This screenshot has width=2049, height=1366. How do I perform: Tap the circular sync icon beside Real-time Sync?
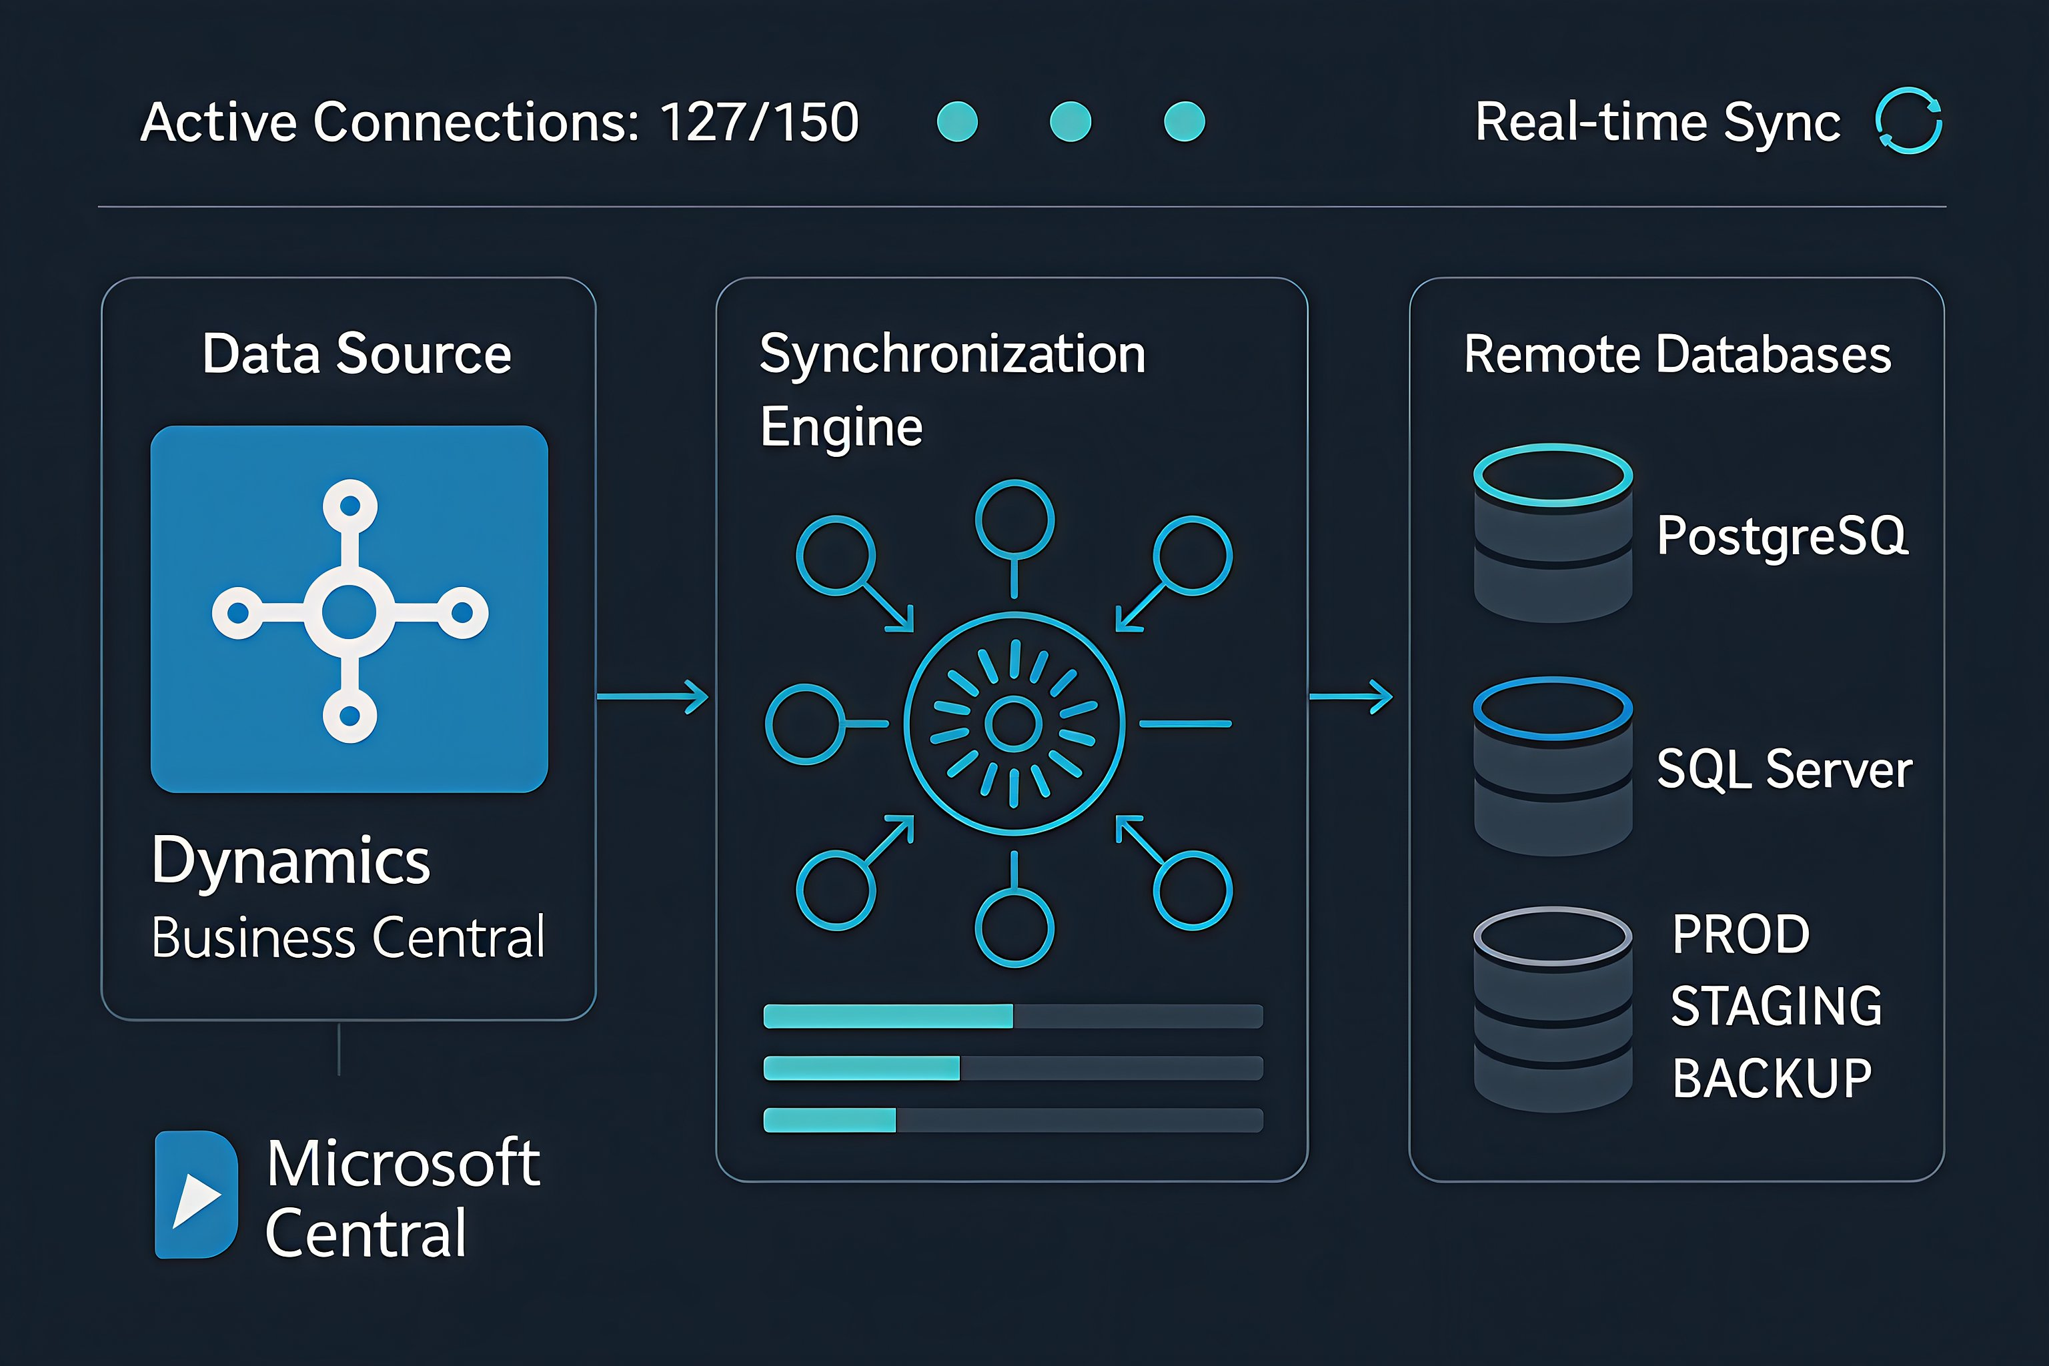click(x=1908, y=122)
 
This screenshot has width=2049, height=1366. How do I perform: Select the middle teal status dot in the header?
click(x=1071, y=122)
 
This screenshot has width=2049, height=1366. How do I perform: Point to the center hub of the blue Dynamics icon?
click(x=350, y=612)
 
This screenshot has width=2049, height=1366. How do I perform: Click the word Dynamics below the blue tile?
click(x=291, y=860)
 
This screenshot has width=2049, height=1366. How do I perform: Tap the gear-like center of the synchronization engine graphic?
click(x=1014, y=723)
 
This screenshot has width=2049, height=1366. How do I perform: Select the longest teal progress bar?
click(x=888, y=1016)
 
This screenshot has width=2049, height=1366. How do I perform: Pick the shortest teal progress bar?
click(x=829, y=1121)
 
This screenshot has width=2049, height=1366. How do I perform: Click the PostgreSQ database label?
click(x=1782, y=535)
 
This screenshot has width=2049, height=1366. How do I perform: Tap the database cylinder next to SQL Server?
click(x=1553, y=766)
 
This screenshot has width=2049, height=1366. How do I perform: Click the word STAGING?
click(x=1776, y=1006)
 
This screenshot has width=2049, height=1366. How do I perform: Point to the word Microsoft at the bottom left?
click(x=402, y=1163)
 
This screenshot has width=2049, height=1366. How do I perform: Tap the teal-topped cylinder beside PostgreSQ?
click(x=1553, y=533)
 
